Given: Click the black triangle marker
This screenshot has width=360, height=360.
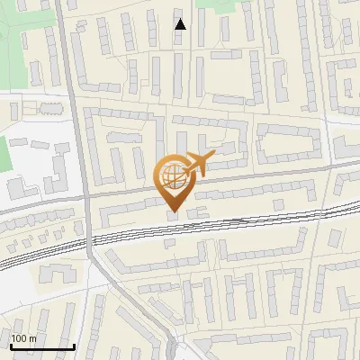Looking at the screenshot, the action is pyautogui.click(x=181, y=23).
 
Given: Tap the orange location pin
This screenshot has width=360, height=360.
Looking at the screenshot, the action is pyautogui.click(x=174, y=181).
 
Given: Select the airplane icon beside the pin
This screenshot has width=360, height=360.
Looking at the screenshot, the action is pyautogui.click(x=200, y=164).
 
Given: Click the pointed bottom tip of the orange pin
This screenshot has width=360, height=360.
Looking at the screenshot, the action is pyautogui.click(x=174, y=212).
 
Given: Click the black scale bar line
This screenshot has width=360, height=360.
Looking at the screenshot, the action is pyautogui.click(x=41, y=346).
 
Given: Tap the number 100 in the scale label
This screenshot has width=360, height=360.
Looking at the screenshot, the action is pyautogui.click(x=19, y=338).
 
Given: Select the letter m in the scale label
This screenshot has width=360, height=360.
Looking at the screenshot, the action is pyautogui.click(x=32, y=338).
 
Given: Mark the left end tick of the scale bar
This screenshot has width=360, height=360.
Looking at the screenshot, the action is pyautogui.click(x=10, y=345).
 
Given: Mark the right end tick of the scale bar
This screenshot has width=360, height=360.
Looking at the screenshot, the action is pyautogui.click(x=74, y=345).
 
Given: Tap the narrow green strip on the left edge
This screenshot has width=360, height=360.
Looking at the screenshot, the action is pyautogui.click(x=4, y=155).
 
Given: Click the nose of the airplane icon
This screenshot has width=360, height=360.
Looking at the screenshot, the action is pyautogui.click(x=214, y=155).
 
